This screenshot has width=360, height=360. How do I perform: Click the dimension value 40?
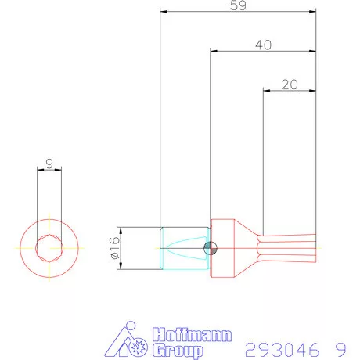(x=263, y=45)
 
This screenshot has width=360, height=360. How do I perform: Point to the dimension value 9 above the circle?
(x=49, y=165)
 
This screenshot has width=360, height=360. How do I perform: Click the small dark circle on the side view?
(x=210, y=249)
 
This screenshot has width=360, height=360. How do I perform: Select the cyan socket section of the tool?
(x=183, y=249)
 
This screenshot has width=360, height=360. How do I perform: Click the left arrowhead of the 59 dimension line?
(x=163, y=13)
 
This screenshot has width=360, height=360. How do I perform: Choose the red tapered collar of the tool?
(x=226, y=249)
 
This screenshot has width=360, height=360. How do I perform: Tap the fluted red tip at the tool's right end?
(x=290, y=248)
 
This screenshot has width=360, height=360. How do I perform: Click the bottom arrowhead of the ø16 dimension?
(x=121, y=267)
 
